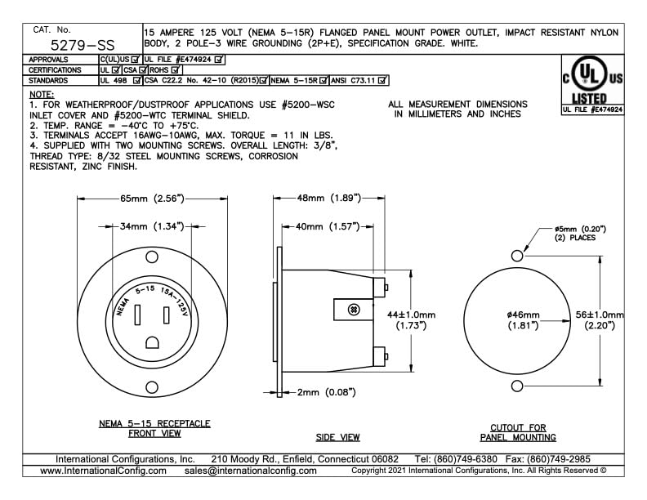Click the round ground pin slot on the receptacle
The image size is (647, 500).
click(x=151, y=343)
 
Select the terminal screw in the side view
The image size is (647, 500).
click(x=354, y=310)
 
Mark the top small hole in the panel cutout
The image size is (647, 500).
click(x=516, y=256)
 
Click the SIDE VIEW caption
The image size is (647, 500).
click(x=338, y=437)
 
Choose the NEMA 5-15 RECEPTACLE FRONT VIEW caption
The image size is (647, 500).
click(x=154, y=428)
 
